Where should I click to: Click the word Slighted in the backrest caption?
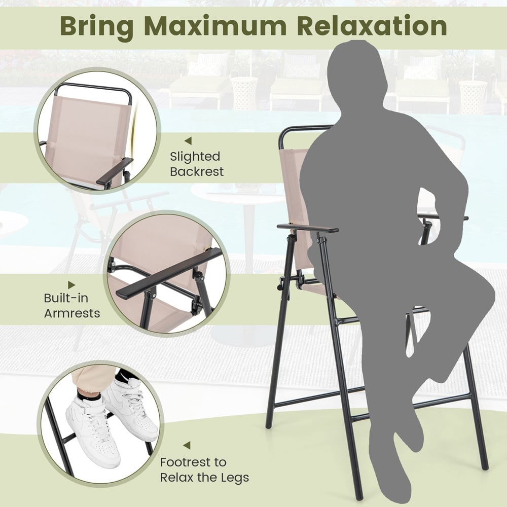click(195, 157)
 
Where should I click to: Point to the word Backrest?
click(197, 172)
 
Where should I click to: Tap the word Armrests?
click(72, 313)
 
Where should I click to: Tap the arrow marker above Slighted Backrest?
click(188, 140)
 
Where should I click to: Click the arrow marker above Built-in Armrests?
click(72, 285)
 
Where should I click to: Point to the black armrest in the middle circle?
click(167, 274)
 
